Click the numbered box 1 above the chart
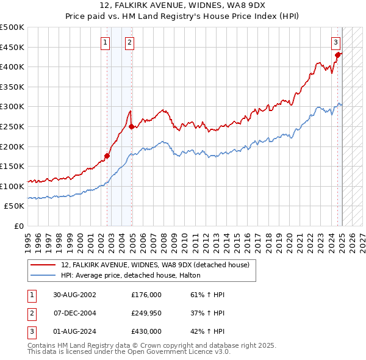106,42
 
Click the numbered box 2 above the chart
130,42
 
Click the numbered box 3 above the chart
336,42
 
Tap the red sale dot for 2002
107,156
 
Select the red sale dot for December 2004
131,126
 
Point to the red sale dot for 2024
337,54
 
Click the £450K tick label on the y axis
12,47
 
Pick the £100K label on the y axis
12,186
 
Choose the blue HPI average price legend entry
135,276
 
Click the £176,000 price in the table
146,295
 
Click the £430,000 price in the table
146,331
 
